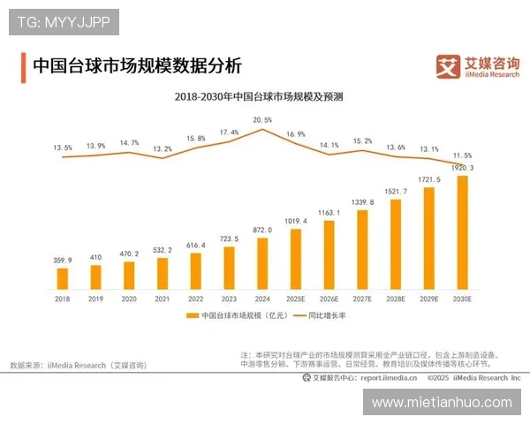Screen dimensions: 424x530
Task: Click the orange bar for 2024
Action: tap(261, 264)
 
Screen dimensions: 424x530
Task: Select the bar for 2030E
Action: tap(461, 233)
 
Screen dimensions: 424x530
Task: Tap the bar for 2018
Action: tap(62, 278)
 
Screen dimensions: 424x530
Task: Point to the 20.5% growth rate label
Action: tap(262, 119)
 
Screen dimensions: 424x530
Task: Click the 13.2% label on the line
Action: tap(163, 149)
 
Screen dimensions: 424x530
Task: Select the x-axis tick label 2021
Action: tap(162, 300)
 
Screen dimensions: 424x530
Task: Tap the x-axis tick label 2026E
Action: tap(329, 300)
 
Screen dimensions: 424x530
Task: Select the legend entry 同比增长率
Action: tap(331, 315)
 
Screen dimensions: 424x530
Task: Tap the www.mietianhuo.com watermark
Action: tap(441, 402)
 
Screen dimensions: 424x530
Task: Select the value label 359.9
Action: tap(62, 261)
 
